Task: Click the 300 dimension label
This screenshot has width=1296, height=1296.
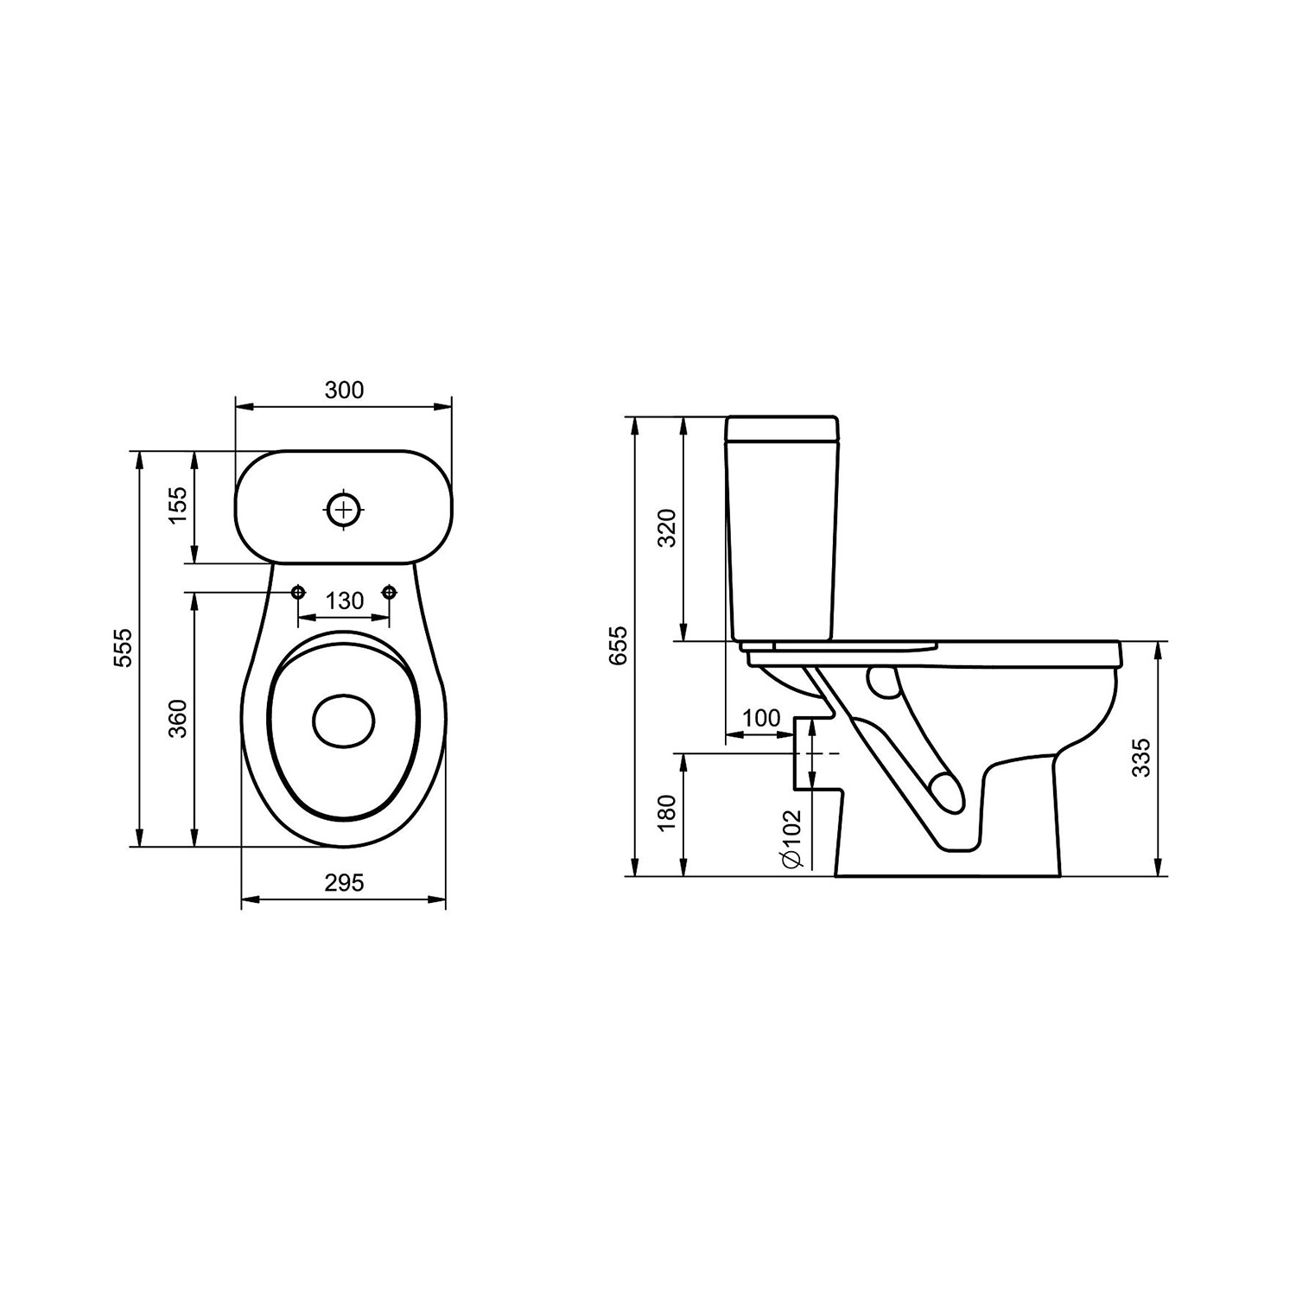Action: coord(344,390)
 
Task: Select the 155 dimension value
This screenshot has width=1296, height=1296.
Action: coord(176,506)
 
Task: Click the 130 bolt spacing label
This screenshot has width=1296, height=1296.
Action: coord(345,600)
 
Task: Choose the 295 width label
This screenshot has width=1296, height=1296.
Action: coord(344,882)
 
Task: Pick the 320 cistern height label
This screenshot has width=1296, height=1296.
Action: coord(667,529)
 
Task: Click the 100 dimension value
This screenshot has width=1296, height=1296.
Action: coord(761,718)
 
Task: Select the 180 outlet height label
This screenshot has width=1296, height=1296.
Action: coord(667,813)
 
